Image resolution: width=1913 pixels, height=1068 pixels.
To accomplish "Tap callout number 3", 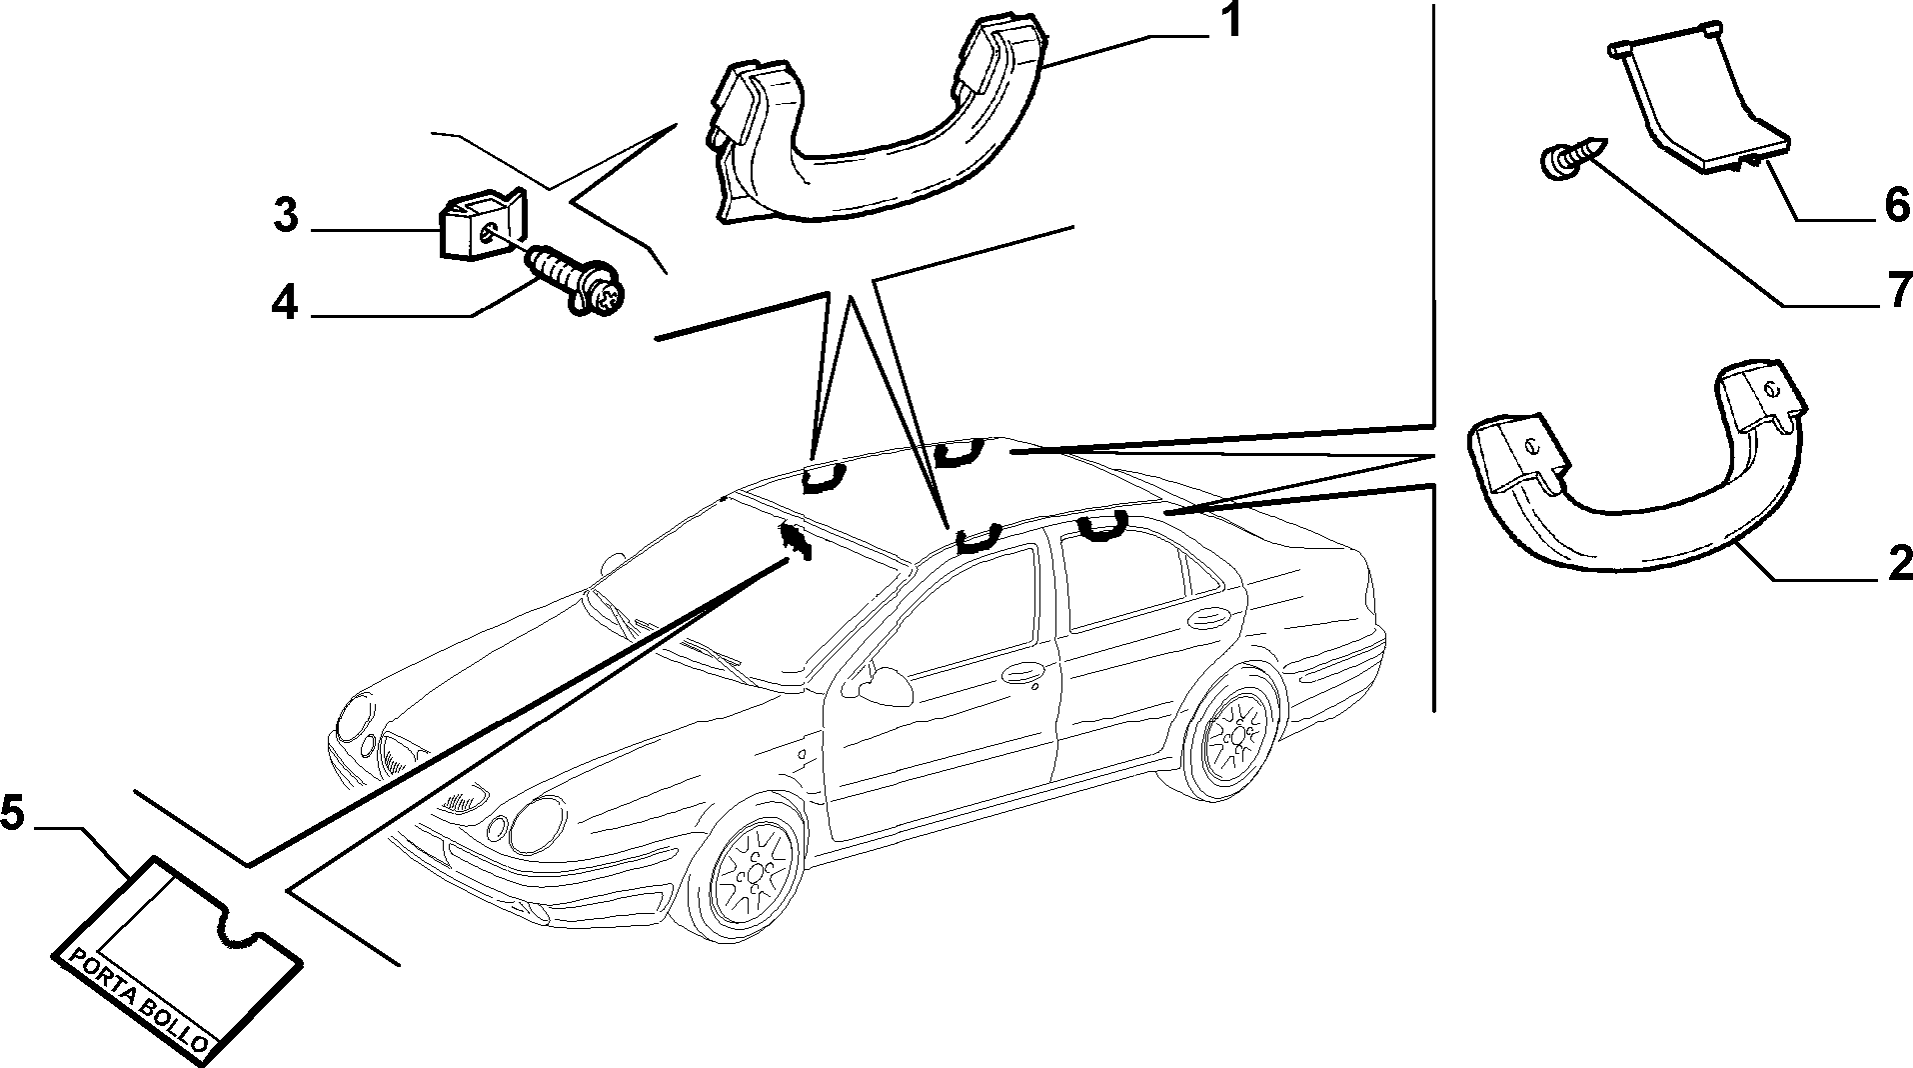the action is coord(287,216).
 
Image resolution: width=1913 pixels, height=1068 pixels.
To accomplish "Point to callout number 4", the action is coord(285,303).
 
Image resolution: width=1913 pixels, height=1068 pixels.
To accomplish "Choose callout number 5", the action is coord(13,812).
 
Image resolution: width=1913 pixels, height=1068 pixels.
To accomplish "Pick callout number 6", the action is coord(1896,206).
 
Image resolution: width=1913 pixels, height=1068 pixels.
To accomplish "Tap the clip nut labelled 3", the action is coord(482,225).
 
